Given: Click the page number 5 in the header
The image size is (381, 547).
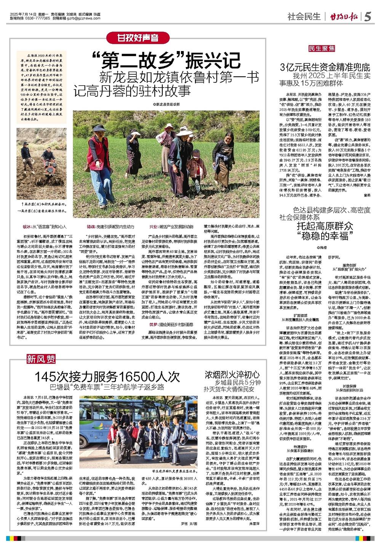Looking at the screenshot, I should tap(368, 16).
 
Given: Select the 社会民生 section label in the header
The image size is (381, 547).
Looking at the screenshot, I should tap(303, 17).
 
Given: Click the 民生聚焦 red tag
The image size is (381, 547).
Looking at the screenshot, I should tap(322, 48).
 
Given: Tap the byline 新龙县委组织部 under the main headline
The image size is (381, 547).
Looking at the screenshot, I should tap(166, 104).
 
